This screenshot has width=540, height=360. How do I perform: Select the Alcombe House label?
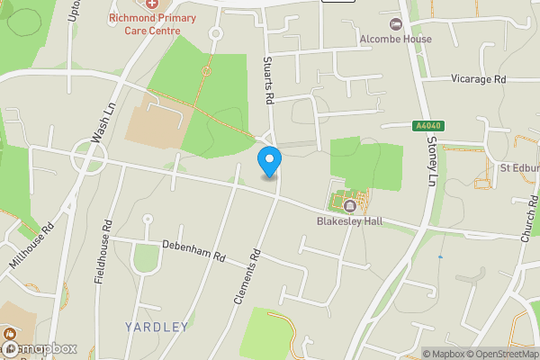click(396, 39)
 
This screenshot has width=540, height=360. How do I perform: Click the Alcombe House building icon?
click(395, 24)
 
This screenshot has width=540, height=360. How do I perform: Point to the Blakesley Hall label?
click(350, 220)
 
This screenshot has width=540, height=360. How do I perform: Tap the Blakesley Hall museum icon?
click(349, 206)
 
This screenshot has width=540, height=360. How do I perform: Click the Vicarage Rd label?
click(478, 79)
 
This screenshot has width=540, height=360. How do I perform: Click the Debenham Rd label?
click(193, 250)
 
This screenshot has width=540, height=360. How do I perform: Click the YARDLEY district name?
click(157, 327)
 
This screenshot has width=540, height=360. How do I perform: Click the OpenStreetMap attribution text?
click(498, 354)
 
